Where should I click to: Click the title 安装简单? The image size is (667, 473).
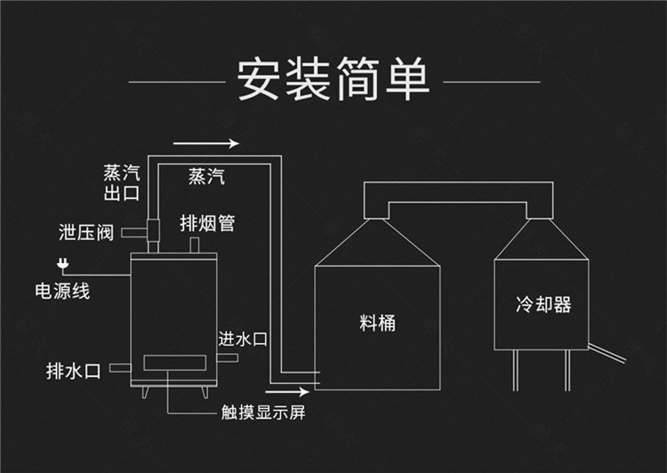(333, 80)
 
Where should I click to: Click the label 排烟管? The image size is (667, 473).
(206, 223)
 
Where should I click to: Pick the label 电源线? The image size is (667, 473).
(62, 291)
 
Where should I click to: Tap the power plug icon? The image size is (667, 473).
(62, 263)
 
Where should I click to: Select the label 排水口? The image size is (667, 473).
(75, 370)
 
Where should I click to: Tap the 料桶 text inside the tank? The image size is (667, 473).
(377, 323)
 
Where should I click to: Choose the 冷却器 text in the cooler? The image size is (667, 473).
(542, 305)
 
